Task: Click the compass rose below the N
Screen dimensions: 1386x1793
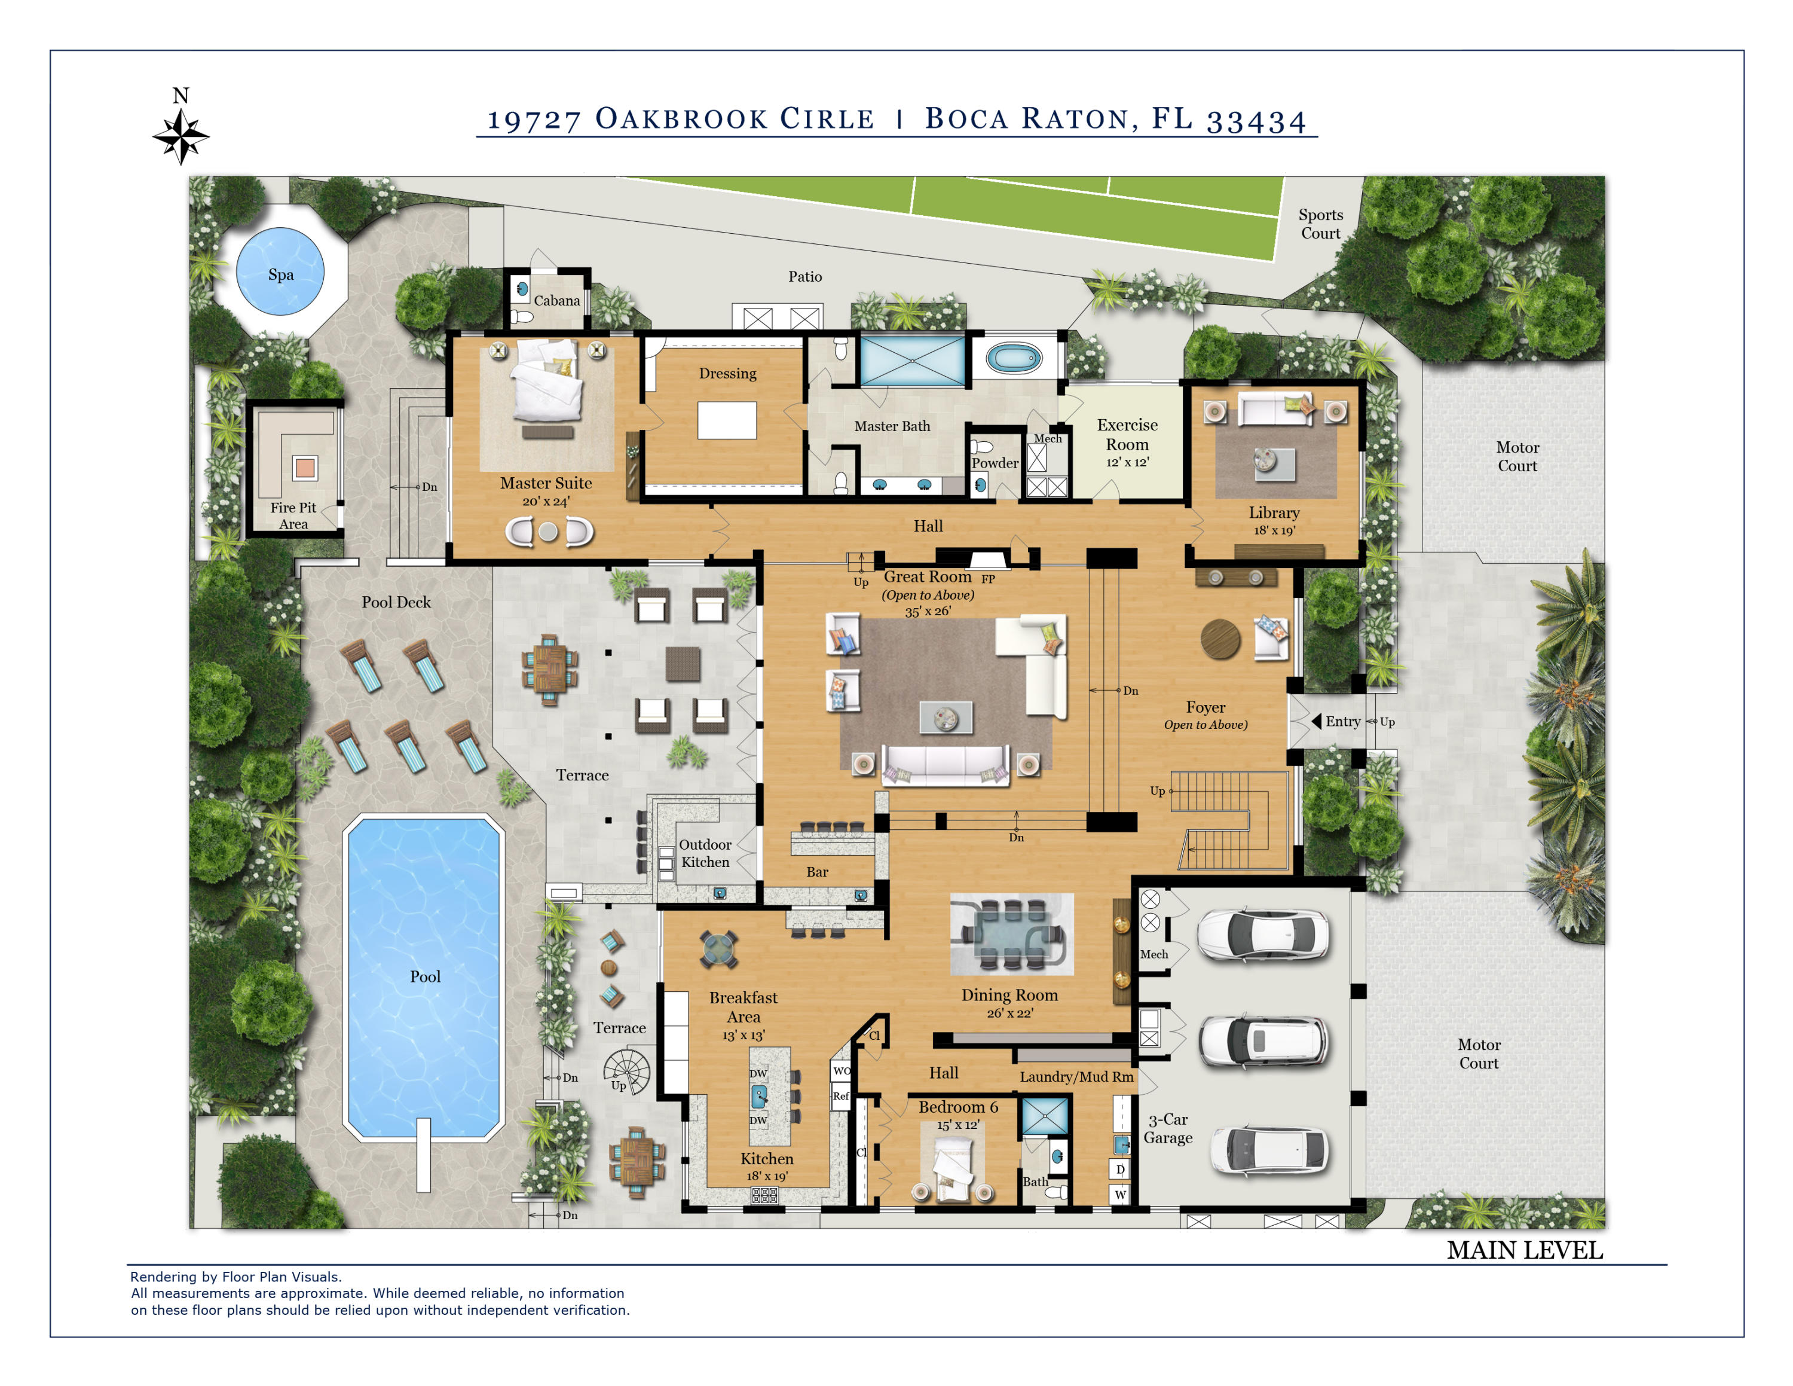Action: click(180, 136)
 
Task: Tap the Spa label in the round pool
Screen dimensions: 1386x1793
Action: click(281, 275)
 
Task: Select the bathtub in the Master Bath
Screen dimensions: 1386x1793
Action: click(1014, 359)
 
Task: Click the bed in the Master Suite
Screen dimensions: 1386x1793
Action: click(547, 382)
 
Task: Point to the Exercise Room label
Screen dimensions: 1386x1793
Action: click(1127, 434)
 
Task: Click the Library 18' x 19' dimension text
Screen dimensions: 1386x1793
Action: click(1274, 530)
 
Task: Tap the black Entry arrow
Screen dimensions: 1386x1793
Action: click(1316, 722)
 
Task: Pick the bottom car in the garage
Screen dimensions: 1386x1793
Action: click(1268, 1150)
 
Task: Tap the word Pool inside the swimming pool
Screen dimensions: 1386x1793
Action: click(426, 976)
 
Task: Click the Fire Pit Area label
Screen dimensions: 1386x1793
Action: click(293, 515)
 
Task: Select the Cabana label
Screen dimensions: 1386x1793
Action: click(556, 301)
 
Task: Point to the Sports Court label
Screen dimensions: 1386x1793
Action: click(1320, 224)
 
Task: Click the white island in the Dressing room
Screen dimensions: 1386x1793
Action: click(727, 420)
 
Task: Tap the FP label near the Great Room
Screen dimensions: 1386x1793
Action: click(989, 579)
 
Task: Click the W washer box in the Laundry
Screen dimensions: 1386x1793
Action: click(1120, 1194)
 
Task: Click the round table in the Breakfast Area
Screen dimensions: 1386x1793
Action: click(718, 949)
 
